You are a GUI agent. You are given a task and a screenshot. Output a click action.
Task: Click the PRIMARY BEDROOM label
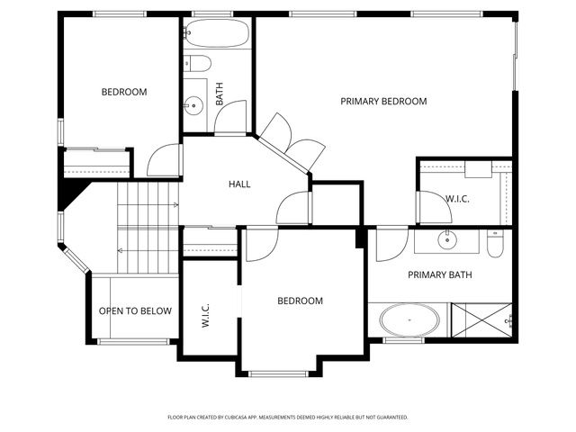tap(383, 101)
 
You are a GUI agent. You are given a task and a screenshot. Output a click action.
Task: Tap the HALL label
tap(239, 184)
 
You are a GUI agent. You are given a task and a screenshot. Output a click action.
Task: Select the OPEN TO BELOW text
tap(135, 311)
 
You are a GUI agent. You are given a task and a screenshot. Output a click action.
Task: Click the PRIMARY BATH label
tap(440, 274)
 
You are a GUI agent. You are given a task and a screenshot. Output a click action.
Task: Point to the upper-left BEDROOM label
tap(124, 92)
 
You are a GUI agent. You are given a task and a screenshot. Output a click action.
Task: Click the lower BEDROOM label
tap(300, 301)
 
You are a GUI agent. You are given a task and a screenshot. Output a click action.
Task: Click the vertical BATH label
tap(220, 94)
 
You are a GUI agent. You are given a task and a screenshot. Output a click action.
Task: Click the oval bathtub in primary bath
tap(410, 320)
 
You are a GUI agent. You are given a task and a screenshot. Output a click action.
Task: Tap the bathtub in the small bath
tap(217, 34)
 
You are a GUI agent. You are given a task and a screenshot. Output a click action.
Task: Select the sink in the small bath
tap(192, 105)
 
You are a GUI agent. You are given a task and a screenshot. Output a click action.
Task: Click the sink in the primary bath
tap(446, 239)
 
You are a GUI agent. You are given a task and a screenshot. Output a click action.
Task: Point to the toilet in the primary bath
tap(494, 243)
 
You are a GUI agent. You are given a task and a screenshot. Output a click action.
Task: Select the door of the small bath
tap(231, 118)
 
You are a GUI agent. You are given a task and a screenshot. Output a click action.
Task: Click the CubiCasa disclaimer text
tap(288, 418)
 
